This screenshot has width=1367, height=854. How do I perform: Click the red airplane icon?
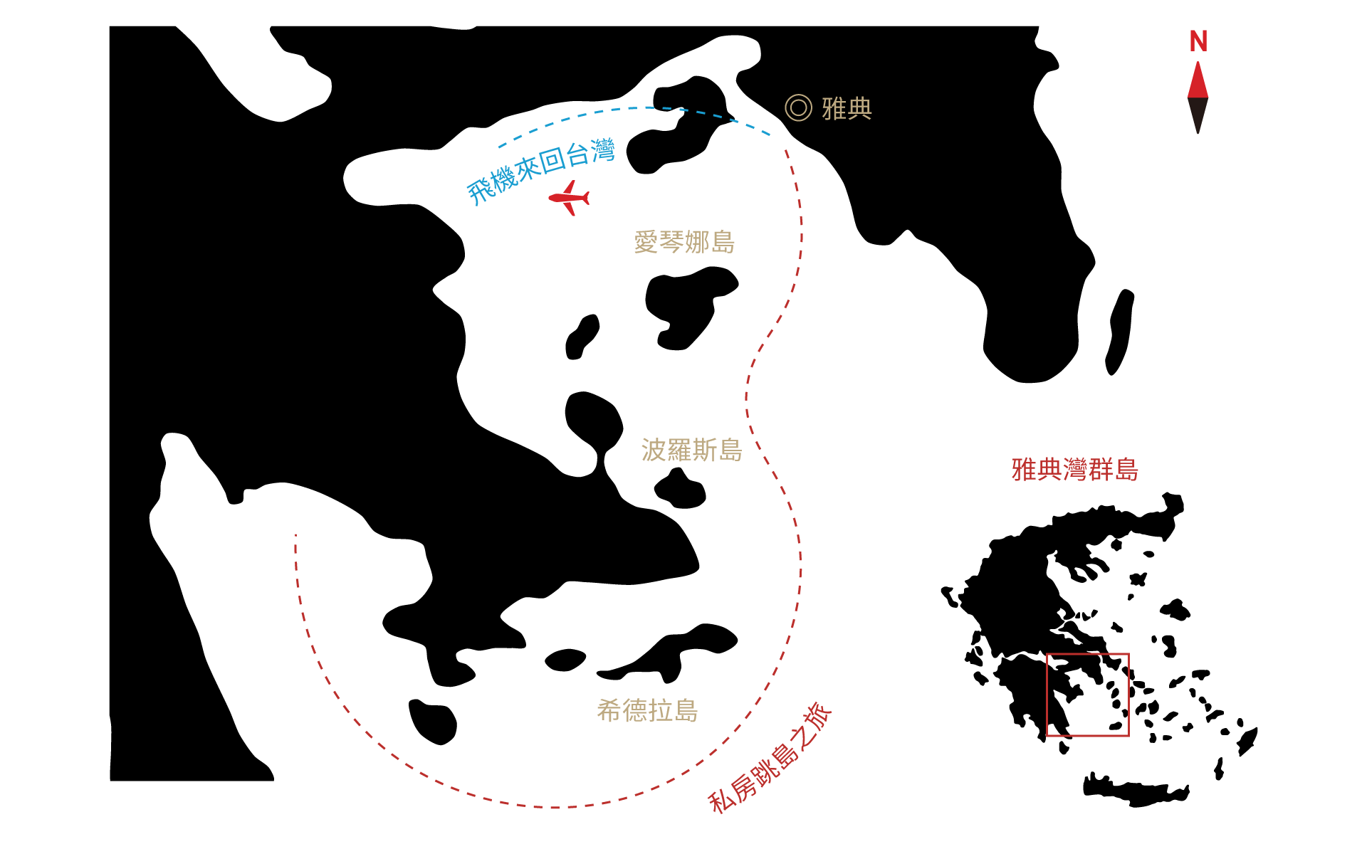point(570,198)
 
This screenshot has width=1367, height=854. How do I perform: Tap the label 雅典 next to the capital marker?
point(847,108)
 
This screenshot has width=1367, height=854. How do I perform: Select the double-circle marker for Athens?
point(798,107)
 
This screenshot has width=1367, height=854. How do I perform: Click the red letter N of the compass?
point(1198,41)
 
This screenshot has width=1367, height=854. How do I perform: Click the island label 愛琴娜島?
point(684,242)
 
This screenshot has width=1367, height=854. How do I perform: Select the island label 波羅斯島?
point(691,450)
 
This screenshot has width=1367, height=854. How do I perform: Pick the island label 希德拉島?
point(647,710)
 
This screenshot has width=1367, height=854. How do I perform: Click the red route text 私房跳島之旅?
point(770,759)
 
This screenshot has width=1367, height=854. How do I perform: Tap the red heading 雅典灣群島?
point(1075,470)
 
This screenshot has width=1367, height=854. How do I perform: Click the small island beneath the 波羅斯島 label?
point(681,489)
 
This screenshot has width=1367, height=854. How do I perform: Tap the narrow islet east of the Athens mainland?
point(1119,332)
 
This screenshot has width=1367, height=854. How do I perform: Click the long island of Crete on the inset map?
point(1136,790)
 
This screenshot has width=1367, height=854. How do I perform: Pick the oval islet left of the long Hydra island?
point(565,660)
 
